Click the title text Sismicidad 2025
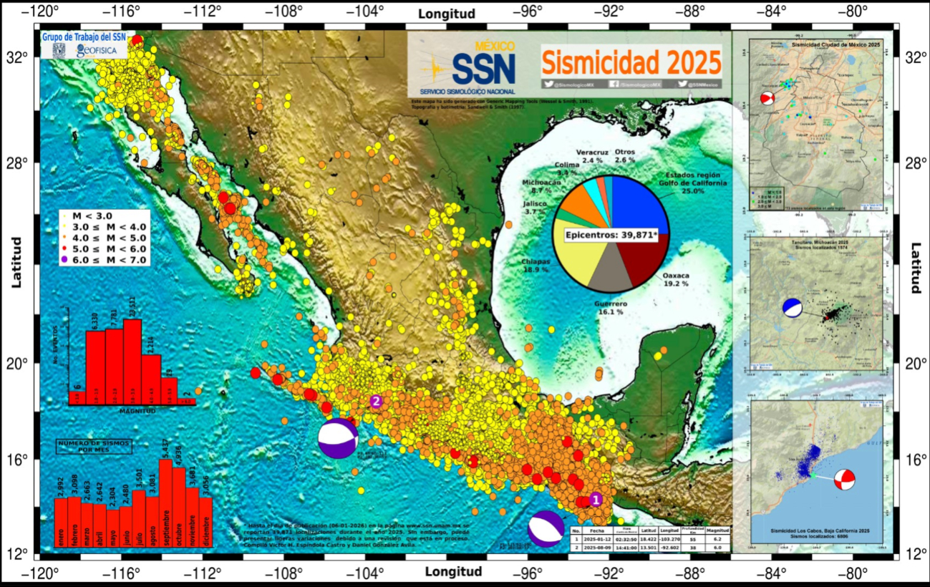[x=631, y=63]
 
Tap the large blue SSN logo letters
[x=483, y=69]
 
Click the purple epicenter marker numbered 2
[x=375, y=402]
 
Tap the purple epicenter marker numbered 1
[x=596, y=500]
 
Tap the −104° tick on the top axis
[x=367, y=11]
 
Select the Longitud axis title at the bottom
[x=453, y=572]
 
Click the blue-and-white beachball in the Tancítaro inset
[x=792, y=307]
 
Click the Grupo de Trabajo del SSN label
[x=82, y=37]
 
